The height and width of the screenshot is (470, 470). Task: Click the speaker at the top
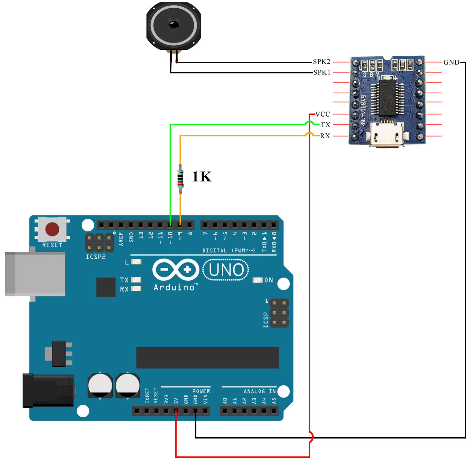click(173, 26)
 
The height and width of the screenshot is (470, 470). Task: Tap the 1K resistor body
click(181, 179)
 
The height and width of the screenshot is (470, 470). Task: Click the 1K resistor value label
click(202, 177)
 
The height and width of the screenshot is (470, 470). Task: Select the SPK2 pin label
click(321, 62)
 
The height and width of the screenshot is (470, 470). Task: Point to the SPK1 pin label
click(322, 73)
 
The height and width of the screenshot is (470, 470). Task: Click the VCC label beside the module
click(323, 114)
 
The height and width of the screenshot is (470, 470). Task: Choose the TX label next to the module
click(325, 125)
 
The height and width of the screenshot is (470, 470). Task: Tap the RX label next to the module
click(325, 136)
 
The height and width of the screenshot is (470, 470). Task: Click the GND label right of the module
click(451, 62)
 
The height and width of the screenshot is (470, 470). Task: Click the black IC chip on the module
click(387, 98)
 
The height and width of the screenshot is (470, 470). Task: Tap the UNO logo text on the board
click(226, 270)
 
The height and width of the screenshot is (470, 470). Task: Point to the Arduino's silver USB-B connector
click(35, 274)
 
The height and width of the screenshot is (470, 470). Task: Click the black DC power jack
click(48, 391)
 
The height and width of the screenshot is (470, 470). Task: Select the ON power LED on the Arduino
click(258, 280)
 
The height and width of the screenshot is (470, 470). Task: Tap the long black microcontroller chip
click(207, 357)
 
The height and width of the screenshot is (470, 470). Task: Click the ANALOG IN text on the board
click(259, 391)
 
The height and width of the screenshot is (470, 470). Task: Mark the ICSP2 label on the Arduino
click(95, 257)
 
